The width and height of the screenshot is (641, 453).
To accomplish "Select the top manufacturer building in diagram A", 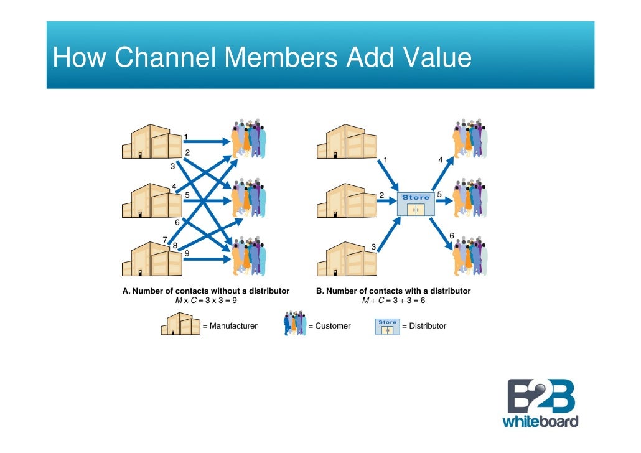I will click(152, 142).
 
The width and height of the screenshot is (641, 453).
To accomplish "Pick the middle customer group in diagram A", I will click(249, 198).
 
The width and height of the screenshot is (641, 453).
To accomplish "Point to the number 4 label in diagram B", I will click(441, 160).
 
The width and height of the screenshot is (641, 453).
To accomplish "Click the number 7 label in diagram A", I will click(165, 240).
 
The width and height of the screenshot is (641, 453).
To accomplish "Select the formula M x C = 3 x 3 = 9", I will click(206, 301).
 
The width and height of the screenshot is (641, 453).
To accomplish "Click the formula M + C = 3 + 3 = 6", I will click(393, 301).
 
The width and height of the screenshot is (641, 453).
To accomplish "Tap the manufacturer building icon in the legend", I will click(180, 324).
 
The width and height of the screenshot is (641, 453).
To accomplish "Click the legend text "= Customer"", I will click(329, 325).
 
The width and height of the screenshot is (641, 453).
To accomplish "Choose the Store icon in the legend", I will click(386, 326).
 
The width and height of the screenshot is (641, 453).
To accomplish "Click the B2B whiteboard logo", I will click(540, 403).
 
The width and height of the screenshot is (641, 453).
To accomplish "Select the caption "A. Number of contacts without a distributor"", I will click(206, 291).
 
